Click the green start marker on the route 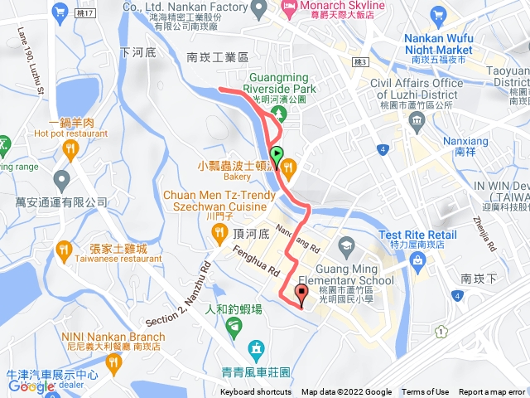coord(277,154)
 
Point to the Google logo coord(31,386)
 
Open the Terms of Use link coord(425,392)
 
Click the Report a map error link coord(492,392)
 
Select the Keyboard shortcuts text coord(256,392)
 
